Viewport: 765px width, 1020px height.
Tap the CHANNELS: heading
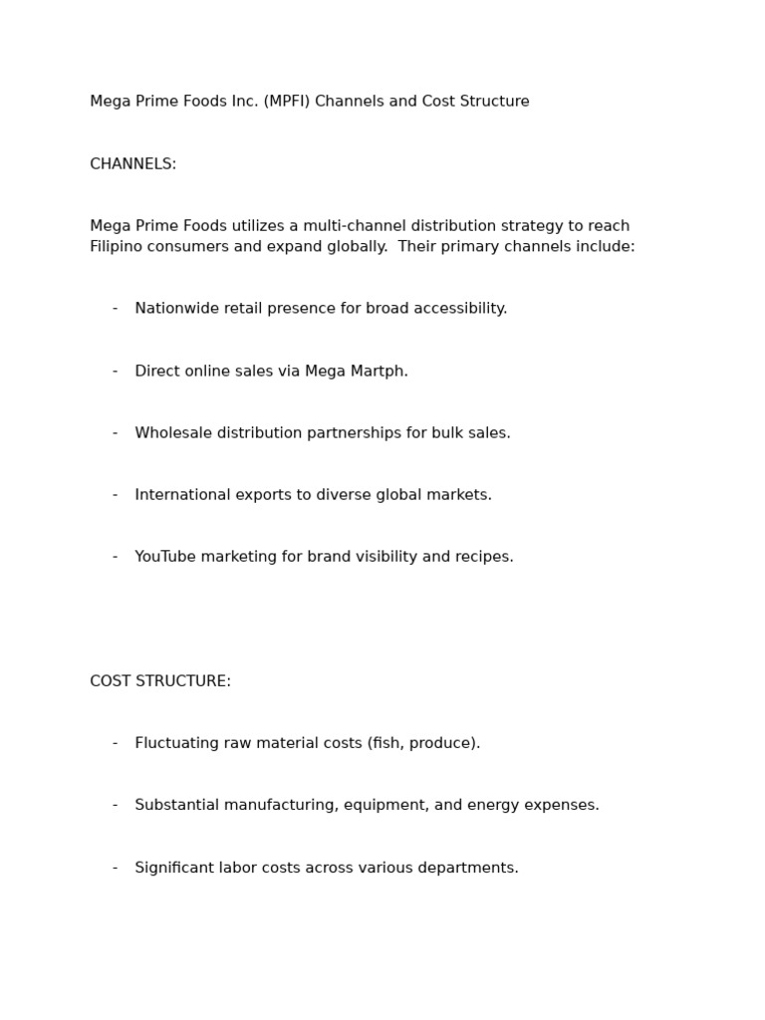click(132, 164)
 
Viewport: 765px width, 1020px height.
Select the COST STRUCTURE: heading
click(160, 681)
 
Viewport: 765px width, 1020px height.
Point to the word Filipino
click(118, 246)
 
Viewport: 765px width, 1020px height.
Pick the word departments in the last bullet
click(473, 868)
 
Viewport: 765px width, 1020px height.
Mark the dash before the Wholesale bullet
click(115, 433)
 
